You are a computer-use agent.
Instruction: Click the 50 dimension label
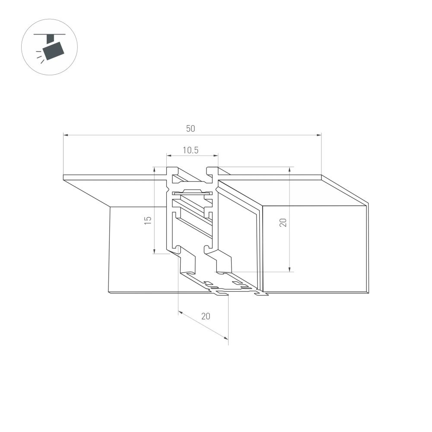191,128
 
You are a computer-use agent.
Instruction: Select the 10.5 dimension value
190,150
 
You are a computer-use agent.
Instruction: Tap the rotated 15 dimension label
148,219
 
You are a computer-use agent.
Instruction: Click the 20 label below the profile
205,316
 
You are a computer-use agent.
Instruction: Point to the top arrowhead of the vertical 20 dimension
289,169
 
